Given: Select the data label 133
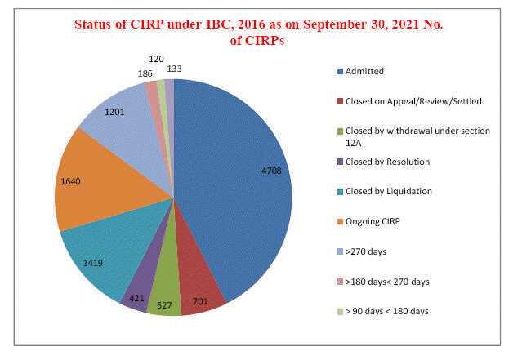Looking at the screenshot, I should (175, 69).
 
